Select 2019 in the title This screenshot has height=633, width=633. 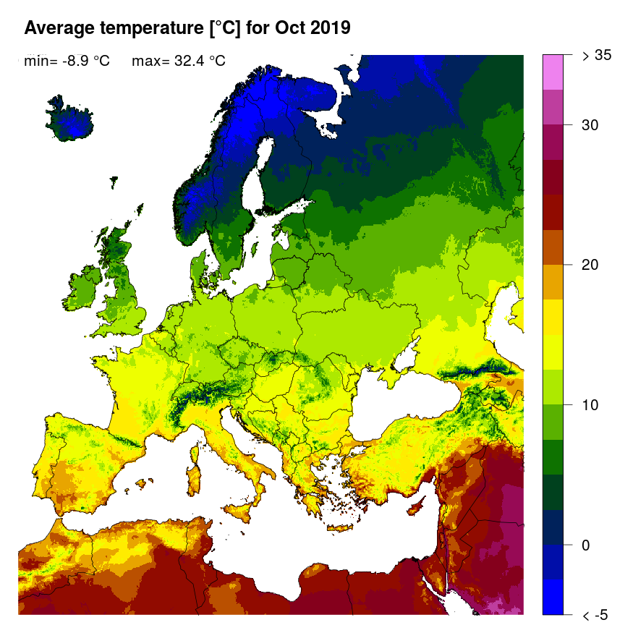(329, 28)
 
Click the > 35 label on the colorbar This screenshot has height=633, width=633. (597, 55)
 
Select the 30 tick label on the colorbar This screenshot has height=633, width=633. (590, 125)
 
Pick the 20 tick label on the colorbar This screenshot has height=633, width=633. (590, 265)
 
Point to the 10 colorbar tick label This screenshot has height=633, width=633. (590, 404)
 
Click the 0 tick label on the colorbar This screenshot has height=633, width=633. (586, 545)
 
